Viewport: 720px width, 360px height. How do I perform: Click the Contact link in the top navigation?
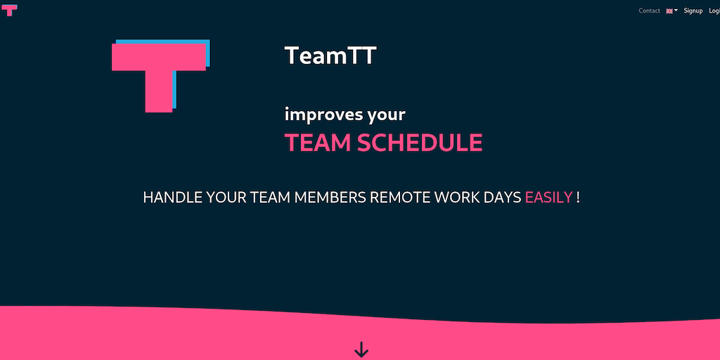[649, 11]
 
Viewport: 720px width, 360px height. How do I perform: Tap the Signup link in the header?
[693, 11]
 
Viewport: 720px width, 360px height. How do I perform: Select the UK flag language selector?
[671, 11]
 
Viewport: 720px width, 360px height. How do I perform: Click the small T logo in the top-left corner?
[9, 10]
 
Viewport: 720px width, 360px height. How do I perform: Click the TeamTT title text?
[330, 55]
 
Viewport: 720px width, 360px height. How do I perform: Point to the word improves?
[323, 115]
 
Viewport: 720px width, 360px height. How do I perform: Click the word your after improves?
[386, 115]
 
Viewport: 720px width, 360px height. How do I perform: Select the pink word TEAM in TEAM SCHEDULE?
[318, 143]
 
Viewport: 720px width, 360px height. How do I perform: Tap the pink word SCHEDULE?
[420, 143]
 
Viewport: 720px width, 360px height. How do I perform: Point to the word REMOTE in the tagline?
[400, 198]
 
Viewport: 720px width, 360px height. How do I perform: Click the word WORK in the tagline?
[457, 198]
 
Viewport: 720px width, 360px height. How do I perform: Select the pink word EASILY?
[548, 198]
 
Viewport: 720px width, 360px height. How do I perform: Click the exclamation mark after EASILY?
[578, 198]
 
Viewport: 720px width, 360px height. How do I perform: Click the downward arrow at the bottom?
[361, 349]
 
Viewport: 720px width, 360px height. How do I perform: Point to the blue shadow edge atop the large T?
[162, 41]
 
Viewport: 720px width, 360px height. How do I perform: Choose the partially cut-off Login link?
[714, 11]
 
